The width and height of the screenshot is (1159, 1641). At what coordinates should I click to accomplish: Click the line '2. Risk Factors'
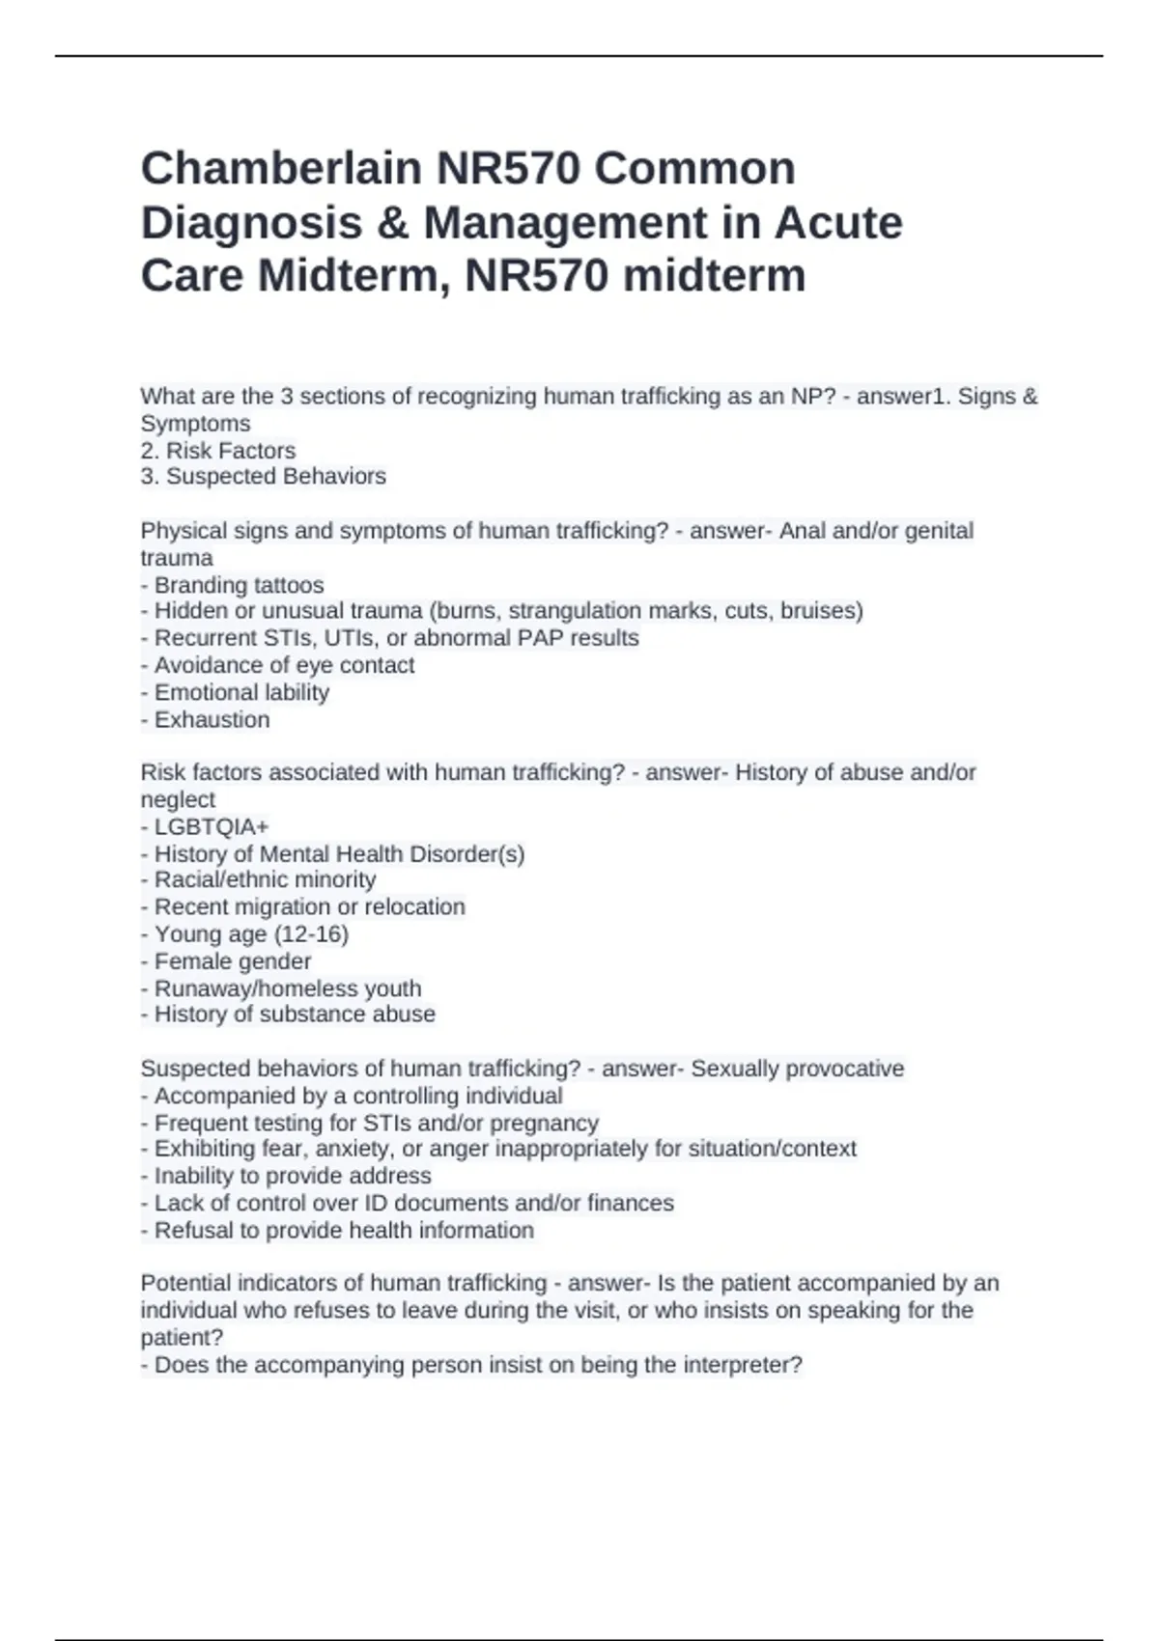point(218,451)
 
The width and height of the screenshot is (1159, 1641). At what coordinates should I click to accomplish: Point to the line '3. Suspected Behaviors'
point(264,477)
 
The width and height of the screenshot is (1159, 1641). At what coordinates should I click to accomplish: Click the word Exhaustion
point(212,719)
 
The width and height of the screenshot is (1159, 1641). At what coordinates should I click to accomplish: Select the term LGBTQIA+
point(212,827)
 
